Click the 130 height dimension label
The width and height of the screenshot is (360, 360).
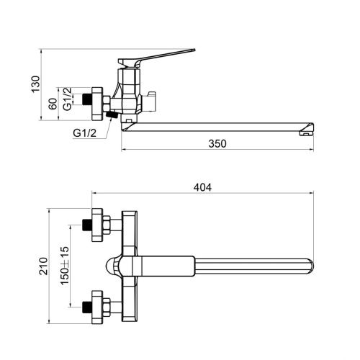(x=35, y=84)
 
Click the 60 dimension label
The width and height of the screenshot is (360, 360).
(x=53, y=104)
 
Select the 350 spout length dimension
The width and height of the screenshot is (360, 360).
(x=217, y=143)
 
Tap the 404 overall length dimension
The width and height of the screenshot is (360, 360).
(x=202, y=187)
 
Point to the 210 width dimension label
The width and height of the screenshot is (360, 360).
(x=43, y=266)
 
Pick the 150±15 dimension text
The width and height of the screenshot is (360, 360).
(x=64, y=266)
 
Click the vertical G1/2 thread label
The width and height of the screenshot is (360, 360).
(x=68, y=99)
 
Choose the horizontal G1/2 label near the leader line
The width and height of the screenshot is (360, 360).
(x=84, y=132)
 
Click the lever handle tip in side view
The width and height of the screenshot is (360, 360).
(x=194, y=50)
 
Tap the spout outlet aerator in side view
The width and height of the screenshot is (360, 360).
(x=306, y=132)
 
